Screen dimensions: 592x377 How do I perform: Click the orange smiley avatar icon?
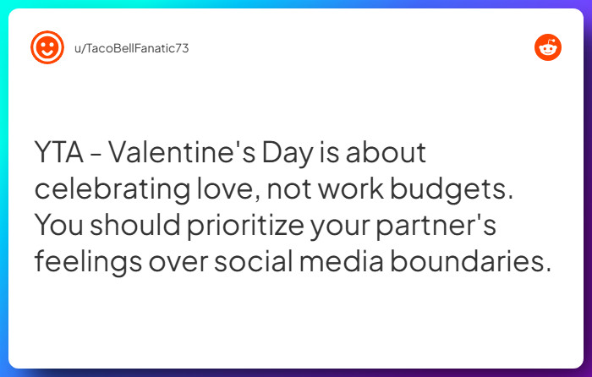47,47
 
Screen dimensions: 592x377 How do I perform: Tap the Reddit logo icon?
548,47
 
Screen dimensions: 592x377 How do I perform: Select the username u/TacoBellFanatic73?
131,48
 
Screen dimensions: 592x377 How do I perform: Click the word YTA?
59,152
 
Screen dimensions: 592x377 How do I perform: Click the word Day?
288,153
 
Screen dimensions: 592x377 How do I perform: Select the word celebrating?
112,189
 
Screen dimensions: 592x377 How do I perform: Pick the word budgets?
452,189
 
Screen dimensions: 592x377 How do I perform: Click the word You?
59,225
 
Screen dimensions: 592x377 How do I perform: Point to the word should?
135,224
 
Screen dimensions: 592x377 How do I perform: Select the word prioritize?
245,226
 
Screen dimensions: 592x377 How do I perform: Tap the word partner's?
436,226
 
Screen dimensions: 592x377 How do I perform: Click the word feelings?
88,262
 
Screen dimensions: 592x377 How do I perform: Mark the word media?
342,260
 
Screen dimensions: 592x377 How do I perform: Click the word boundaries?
471,260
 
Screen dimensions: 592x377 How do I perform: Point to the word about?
386,152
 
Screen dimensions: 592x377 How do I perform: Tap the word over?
178,263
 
